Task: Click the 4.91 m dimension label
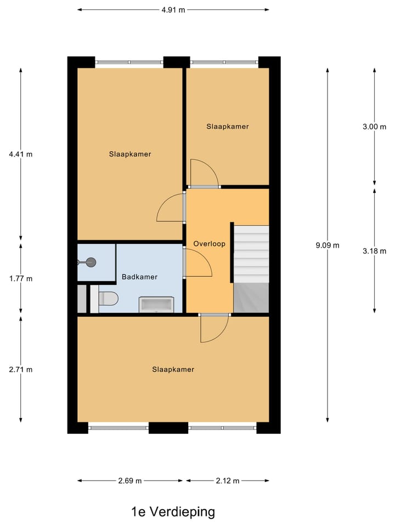click(x=173, y=9)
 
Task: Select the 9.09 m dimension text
click(x=328, y=245)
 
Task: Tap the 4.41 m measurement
click(x=21, y=154)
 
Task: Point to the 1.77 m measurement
click(x=21, y=278)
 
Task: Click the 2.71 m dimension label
click(x=21, y=369)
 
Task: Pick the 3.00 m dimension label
click(x=374, y=127)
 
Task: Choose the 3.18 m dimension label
click(x=374, y=251)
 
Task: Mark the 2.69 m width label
click(x=130, y=481)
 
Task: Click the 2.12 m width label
click(x=227, y=481)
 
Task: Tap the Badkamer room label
click(x=139, y=277)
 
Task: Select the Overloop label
click(x=210, y=244)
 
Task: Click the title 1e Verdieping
click(x=173, y=512)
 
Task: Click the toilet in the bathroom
click(x=108, y=299)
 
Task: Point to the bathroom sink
click(x=157, y=304)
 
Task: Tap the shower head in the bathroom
click(x=89, y=262)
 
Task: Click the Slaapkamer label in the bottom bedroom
click(x=173, y=369)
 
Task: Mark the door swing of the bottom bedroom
click(x=213, y=329)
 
